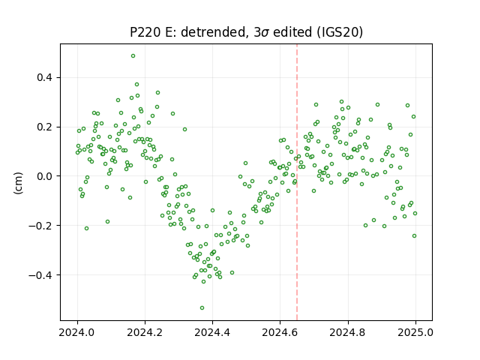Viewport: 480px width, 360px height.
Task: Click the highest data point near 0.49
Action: (133, 56)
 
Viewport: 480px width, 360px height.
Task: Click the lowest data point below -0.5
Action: (202, 308)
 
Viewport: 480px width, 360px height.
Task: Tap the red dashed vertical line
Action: (297, 182)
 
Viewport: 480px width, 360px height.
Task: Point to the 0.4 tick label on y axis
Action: (44, 78)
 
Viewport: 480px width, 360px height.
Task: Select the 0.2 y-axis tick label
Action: (44, 127)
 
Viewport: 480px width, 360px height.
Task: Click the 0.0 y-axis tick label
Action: (44, 176)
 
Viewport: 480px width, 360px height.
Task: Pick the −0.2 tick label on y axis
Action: (40, 226)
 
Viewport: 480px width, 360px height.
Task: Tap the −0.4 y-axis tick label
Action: (40, 275)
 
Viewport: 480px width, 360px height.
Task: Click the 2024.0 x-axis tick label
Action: (77, 332)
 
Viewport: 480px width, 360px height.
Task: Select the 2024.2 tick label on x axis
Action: (145, 332)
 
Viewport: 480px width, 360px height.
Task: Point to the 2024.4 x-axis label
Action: (212, 332)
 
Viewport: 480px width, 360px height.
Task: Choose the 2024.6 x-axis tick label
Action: (280, 332)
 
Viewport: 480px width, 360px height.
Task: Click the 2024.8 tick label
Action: (348, 332)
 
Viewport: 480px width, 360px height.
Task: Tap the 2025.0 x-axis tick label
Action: (415, 332)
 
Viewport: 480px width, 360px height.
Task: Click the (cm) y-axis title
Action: (18, 183)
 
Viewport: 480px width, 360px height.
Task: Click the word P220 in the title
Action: (145, 32)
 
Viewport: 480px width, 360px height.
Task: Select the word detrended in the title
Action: (214, 32)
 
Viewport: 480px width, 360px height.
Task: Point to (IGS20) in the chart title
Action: (340, 32)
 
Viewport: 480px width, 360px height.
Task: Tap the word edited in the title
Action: (293, 32)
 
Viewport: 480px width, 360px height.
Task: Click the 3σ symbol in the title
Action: (262, 32)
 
